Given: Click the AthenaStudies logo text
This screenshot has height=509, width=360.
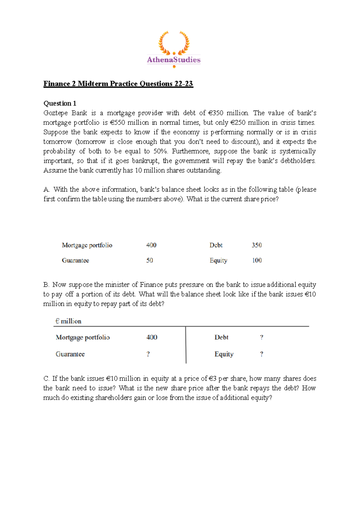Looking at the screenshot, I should [x=173, y=60].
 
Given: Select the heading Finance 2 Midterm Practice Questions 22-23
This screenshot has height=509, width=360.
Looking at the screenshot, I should [x=118, y=84].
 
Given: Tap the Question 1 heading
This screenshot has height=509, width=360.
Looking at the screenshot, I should [x=60, y=103].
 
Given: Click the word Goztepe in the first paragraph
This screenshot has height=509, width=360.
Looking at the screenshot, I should [x=55, y=113].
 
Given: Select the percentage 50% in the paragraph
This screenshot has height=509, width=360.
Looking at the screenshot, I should [x=160, y=151].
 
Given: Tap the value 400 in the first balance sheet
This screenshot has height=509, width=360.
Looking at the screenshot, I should [x=151, y=245].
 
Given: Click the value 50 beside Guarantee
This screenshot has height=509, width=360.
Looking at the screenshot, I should [x=149, y=261].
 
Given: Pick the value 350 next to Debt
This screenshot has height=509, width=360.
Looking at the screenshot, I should [x=256, y=245].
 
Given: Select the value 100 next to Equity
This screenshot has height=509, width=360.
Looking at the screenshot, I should [x=257, y=261].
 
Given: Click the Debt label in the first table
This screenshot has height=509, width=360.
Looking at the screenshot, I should [x=216, y=245].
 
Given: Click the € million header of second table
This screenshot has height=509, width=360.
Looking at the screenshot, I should [x=68, y=321].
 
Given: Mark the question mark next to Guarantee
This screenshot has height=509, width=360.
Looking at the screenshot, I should [x=148, y=354].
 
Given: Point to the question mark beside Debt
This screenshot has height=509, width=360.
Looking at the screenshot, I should [x=262, y=337].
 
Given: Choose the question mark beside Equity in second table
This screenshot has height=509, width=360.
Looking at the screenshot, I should [x=262, y=354].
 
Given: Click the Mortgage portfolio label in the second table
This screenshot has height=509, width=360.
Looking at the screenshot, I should [x=82, y=337].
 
